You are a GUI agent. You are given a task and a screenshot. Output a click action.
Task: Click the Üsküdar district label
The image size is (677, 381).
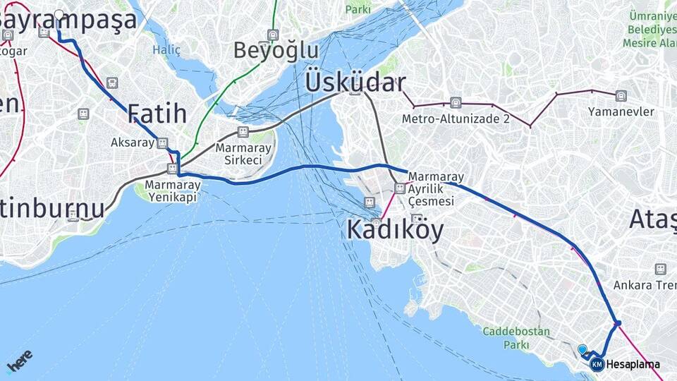coord(355,83)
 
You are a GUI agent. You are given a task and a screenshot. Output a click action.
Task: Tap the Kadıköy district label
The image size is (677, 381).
coord(395,230)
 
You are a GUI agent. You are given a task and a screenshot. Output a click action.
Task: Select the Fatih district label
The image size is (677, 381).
coord(157,114)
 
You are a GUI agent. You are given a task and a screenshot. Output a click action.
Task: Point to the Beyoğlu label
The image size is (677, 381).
coord(276,51)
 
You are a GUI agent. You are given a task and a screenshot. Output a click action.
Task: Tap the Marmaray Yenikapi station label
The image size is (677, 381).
coord(173,191)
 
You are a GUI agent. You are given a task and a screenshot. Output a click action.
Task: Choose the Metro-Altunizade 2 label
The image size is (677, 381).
coord(456,119)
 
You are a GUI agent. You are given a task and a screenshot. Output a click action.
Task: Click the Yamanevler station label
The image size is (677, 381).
coord(621,111)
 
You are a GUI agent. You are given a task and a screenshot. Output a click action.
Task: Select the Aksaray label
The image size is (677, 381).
coord(132,143)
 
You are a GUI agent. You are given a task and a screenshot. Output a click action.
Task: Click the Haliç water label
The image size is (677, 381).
coord(166,50)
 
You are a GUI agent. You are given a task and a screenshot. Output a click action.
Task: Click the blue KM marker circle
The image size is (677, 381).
coord(597,364)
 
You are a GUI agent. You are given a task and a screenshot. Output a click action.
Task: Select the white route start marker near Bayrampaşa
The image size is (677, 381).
coord(59,14)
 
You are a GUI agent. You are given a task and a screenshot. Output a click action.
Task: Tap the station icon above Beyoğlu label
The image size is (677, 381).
coord(273,34)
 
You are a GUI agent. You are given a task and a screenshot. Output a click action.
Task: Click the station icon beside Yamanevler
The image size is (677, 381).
coord(621,96)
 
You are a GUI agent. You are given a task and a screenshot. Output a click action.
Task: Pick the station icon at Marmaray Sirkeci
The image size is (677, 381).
coord(243,132)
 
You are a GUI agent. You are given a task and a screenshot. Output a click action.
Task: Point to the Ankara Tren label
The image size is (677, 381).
coord(644,285)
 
